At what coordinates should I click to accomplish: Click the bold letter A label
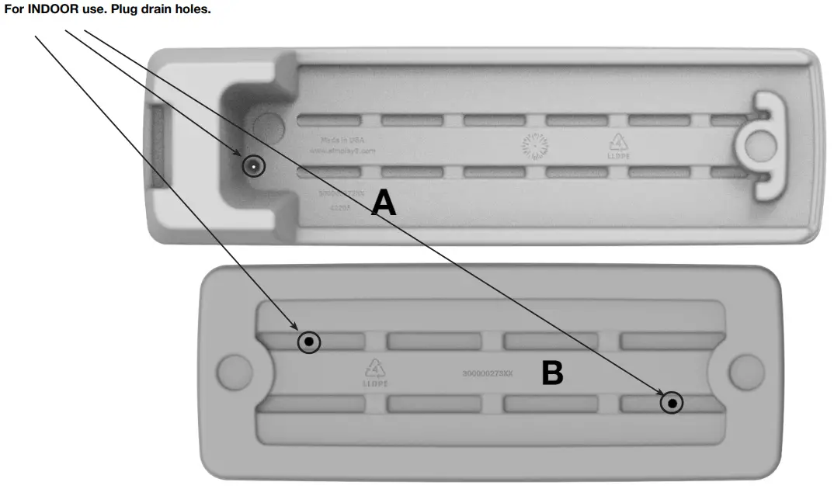click(384, 203)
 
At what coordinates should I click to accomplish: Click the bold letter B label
click(551, 374)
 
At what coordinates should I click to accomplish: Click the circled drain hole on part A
click(254, 165)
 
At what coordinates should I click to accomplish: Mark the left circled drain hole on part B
click(309, 342)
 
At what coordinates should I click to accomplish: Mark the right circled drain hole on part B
click(672, 403)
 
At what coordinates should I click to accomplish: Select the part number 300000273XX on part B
click(488, 373)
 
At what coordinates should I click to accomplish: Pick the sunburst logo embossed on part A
click(534, 144)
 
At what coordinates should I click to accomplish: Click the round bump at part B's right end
click(746, 370)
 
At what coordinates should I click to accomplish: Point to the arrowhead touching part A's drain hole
click(244, 159)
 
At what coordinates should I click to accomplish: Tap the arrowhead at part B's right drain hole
click(660, 396)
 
